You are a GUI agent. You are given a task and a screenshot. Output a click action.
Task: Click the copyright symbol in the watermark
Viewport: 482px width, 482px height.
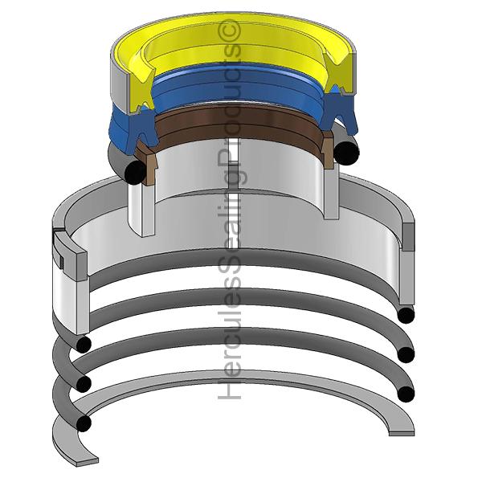pos(229,31)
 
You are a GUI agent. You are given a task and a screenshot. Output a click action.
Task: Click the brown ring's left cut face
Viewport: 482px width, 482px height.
pos(147,163)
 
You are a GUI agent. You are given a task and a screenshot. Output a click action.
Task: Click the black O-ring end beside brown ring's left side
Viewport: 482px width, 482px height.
pos(135,172)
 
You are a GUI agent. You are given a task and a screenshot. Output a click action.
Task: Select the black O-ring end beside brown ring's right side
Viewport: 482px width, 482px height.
pos(346,153)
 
